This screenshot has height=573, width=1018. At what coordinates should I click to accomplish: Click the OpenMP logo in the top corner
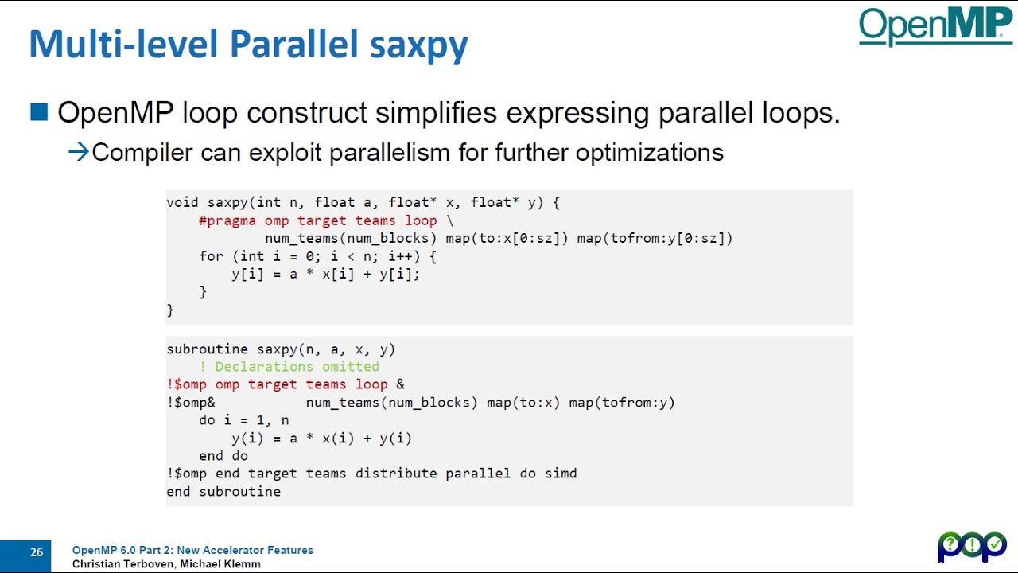coord(935,26)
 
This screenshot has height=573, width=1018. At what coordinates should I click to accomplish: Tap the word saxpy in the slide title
coord(418,45)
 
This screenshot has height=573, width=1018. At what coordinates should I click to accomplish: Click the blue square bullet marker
coord(39,112)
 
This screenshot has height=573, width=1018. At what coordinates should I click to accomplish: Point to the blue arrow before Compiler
coord(78,151)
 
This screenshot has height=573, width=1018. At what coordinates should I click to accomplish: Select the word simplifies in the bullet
coord(436,113)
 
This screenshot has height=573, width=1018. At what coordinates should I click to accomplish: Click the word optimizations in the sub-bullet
coord(650,152)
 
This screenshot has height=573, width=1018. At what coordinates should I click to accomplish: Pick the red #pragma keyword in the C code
coord(227,220)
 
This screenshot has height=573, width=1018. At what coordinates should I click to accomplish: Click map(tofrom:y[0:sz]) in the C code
coord(655,238)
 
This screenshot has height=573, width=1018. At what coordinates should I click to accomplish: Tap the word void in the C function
coord(182,202)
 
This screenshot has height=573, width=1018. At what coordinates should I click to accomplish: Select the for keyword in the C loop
coord(211,256)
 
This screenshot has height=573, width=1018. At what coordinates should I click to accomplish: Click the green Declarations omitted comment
coord(289,367)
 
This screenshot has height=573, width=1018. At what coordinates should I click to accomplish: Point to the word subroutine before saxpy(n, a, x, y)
coord(208,349)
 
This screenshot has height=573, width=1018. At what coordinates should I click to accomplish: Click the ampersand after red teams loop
coord(400,384)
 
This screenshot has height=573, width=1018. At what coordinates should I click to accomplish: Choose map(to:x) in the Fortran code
coord(523,403)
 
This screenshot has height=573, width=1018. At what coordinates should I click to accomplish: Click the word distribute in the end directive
coord(396,474)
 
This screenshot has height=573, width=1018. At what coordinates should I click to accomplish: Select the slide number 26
coord(37,552)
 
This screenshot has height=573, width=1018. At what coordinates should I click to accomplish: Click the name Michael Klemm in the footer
coord(220,564)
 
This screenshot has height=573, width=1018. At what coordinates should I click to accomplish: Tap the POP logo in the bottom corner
coord(972,546)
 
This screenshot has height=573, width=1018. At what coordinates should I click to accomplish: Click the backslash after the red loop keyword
coord(450,220)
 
